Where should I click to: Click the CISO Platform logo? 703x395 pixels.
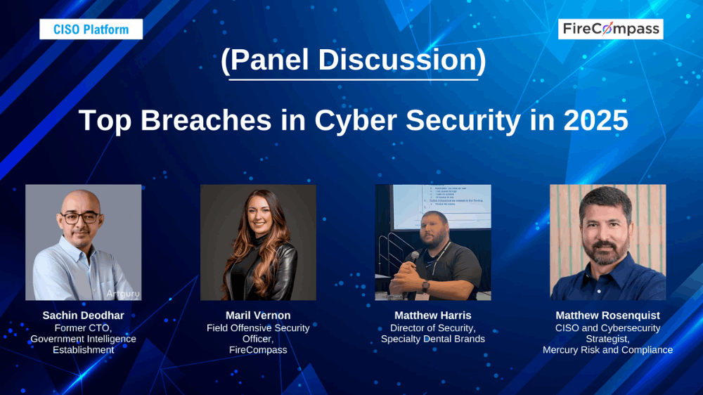click(x=91, y=30)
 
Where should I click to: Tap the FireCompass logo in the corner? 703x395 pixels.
click(x=611, y=29)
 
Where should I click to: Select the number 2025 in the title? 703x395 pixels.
click(x=595, y=120)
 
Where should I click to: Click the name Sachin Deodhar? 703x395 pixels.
click(x=83, y=316)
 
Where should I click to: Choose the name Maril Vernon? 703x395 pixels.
click(x=258, y=316)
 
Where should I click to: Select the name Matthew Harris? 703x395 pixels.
click(x=433, y=316)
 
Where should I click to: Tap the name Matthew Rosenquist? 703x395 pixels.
click(x=607, y=316)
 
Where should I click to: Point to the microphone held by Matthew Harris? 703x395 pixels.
click(x=415, y=257)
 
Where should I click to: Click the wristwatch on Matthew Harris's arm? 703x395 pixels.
click(x=425, y=286)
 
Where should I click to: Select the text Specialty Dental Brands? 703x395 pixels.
click(x=433, y=339)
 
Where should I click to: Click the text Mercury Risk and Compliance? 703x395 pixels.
click(x=607, y=350)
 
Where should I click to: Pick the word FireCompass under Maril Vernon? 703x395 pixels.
click(x=258, y=350)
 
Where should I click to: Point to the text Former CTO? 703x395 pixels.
click(x=83, y=328)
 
